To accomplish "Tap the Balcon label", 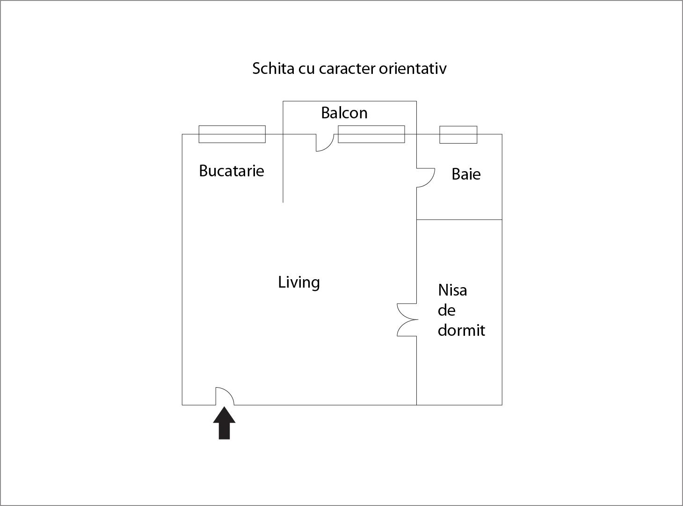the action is pyautogui.click(x=344, y=113).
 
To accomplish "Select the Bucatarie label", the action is pyautogui.click(x=232, y=171).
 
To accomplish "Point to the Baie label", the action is pyautogui.click(x=466, y=174).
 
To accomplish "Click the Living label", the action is pyautogui.click(x=299, y=282).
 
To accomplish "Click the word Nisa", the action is pyautogui.click(x=452, y=290).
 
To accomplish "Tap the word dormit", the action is pyautogui.click(x=461, y=330).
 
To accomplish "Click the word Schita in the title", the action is pyautogui.click(x=273, y=68).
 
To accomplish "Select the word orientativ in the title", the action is pyautogui.click(x=413, y=68).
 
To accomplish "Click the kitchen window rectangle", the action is pyautogui.click(x=232, y=134).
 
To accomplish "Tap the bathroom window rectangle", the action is pyautogui.click(x=458, y=135).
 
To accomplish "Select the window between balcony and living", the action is pyautogui.click(x=371, y=134).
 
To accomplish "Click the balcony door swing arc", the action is pyautogui.click(x=329, y=146).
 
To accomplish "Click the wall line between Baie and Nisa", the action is pyautogui.click(x=459, y=220).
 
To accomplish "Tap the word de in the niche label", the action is pyautogui.click(x=446, y=310).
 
